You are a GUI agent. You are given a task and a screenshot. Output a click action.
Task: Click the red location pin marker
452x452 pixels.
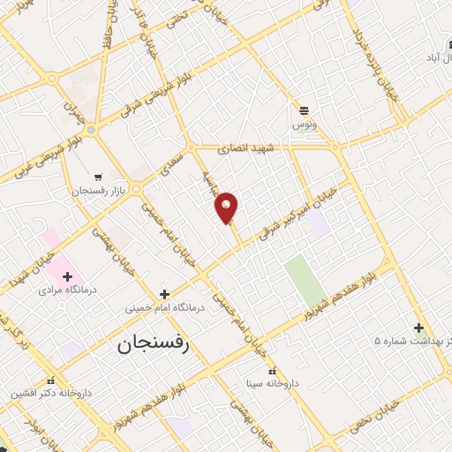coord(227,207)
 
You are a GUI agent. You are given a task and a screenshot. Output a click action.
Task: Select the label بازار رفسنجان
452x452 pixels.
coord(99,191)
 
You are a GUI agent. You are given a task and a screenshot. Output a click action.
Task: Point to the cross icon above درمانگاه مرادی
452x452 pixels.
coord(67,275)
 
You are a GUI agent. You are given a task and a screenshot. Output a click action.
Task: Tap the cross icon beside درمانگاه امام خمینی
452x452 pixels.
coord(164,294)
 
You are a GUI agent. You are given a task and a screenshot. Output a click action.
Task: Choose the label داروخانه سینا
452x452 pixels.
coord(277,384)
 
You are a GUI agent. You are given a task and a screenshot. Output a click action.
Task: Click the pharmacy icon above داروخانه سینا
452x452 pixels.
coord(272,371)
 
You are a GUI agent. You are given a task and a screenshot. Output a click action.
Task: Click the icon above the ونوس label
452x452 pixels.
coord(305,109)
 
